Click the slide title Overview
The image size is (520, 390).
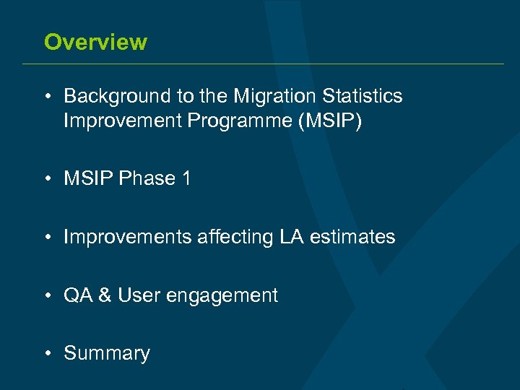pyautogui.click(x=95, y=42)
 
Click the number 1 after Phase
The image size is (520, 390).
pyautogui.click(x=186, y=178)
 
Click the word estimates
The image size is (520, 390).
pyautogui.click(x=353, y=237)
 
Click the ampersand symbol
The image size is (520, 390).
pyautogui.click(x=104, y=295)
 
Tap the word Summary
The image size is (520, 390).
pyautogui.click(x=107, y=354)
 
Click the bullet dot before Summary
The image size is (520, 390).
pyautogui.click(x=46, y=354)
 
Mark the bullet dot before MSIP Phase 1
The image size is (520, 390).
pyautogui.click(x=46, y=179)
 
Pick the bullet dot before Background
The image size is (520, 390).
pyautogui.click(x=46, y=97)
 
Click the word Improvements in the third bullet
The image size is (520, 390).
pyautogui.click(x=128, y=237)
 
